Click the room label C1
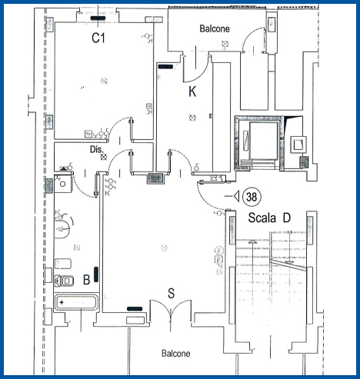98,38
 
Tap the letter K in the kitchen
192,91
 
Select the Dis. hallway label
96,149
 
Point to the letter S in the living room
171,293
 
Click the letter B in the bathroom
87,280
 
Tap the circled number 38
252,197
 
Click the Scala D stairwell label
269,218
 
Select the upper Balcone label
215,28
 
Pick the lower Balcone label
176,354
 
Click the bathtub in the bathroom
76,302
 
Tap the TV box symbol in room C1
88,134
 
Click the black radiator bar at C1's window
98,18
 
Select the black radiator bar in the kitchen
165,67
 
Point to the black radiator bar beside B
96,274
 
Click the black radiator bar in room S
135,309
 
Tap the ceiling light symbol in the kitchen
192,118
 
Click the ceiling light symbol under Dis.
104,157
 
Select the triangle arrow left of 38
236,196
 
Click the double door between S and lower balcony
170,310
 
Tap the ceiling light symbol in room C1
104,81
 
